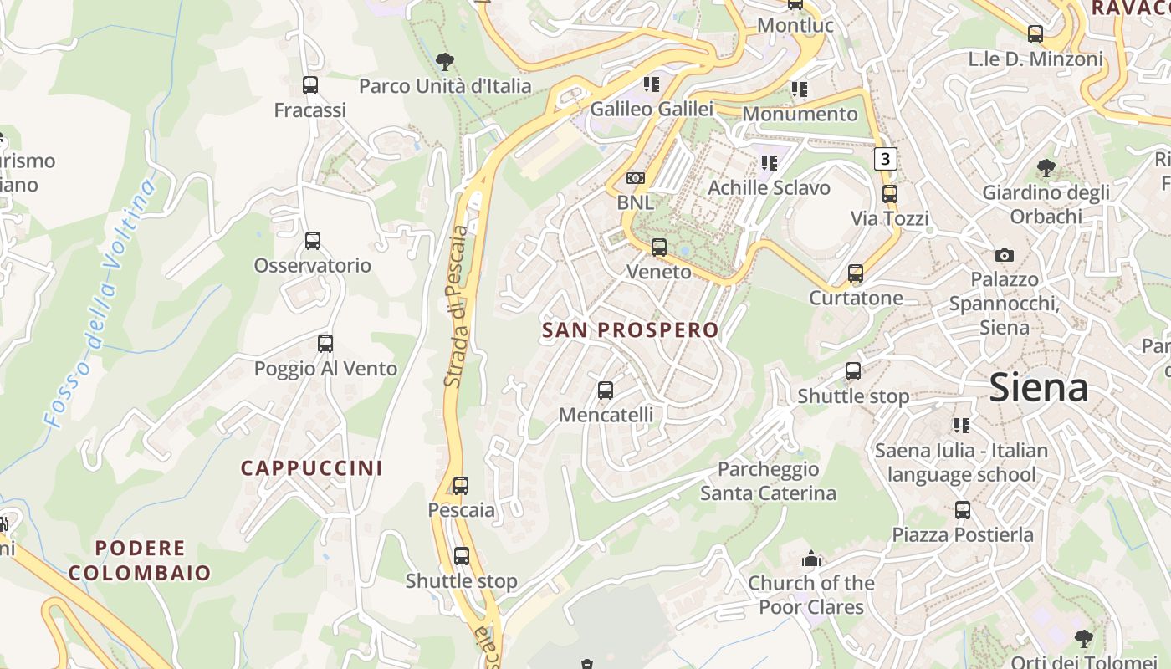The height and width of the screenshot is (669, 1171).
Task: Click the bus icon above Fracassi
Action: coord(310,84)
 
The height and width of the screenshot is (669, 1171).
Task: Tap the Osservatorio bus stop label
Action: coord(312,265)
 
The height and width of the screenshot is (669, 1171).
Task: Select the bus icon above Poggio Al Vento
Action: coord(325,343)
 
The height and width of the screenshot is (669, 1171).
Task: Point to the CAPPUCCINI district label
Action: coord(311,468)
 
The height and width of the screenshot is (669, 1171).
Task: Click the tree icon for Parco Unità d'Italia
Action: coord(445,60)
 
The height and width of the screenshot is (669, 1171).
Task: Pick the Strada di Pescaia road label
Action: coord(457,305)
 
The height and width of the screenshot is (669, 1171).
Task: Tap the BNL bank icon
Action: coord(636,178)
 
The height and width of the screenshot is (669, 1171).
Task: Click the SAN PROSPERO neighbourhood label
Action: coord(631,330)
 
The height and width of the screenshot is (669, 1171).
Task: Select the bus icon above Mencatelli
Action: coord(606,390)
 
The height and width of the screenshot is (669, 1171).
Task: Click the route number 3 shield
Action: coord(886,158)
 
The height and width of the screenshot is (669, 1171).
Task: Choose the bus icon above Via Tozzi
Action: coord(890,194)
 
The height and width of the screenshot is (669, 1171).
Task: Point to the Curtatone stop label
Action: coord(856,298)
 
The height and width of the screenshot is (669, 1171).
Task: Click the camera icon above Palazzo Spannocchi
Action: coord(1005,255)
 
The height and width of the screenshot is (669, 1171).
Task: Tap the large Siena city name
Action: coord(1038,388)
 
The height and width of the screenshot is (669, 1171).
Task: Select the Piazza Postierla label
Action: coord(963,534)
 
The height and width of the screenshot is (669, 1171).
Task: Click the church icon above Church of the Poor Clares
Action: coord(810,559)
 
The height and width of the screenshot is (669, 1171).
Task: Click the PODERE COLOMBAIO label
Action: coord(140,560)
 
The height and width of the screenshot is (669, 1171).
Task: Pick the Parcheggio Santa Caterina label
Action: coord(768,481)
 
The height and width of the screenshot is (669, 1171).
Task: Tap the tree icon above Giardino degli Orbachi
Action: coord(1046,167)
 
